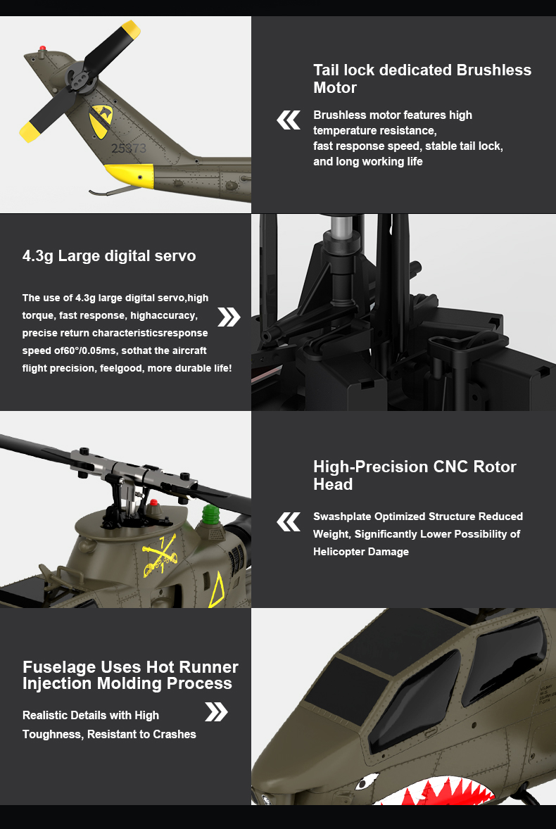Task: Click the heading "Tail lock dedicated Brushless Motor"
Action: [422, 79]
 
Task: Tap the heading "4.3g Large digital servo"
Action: [109, 256]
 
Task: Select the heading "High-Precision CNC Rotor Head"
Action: [415, 475]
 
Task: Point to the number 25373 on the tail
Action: [128, 148]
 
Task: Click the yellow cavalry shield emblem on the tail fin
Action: [101, 120]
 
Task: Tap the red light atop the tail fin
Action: [42, 48]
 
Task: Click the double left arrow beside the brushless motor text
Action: [289, 120]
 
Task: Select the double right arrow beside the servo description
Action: [229, 317]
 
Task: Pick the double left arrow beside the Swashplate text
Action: [289, 522]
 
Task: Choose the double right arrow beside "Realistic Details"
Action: [216, 711]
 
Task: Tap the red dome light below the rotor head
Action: [153, 502]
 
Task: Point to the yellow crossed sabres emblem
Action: [159, 556]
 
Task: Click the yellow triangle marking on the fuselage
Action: [217, 590]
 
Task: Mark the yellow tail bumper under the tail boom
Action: [129, 175]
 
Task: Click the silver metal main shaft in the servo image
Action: [339, 227]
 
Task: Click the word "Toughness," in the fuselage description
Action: [53, 735]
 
